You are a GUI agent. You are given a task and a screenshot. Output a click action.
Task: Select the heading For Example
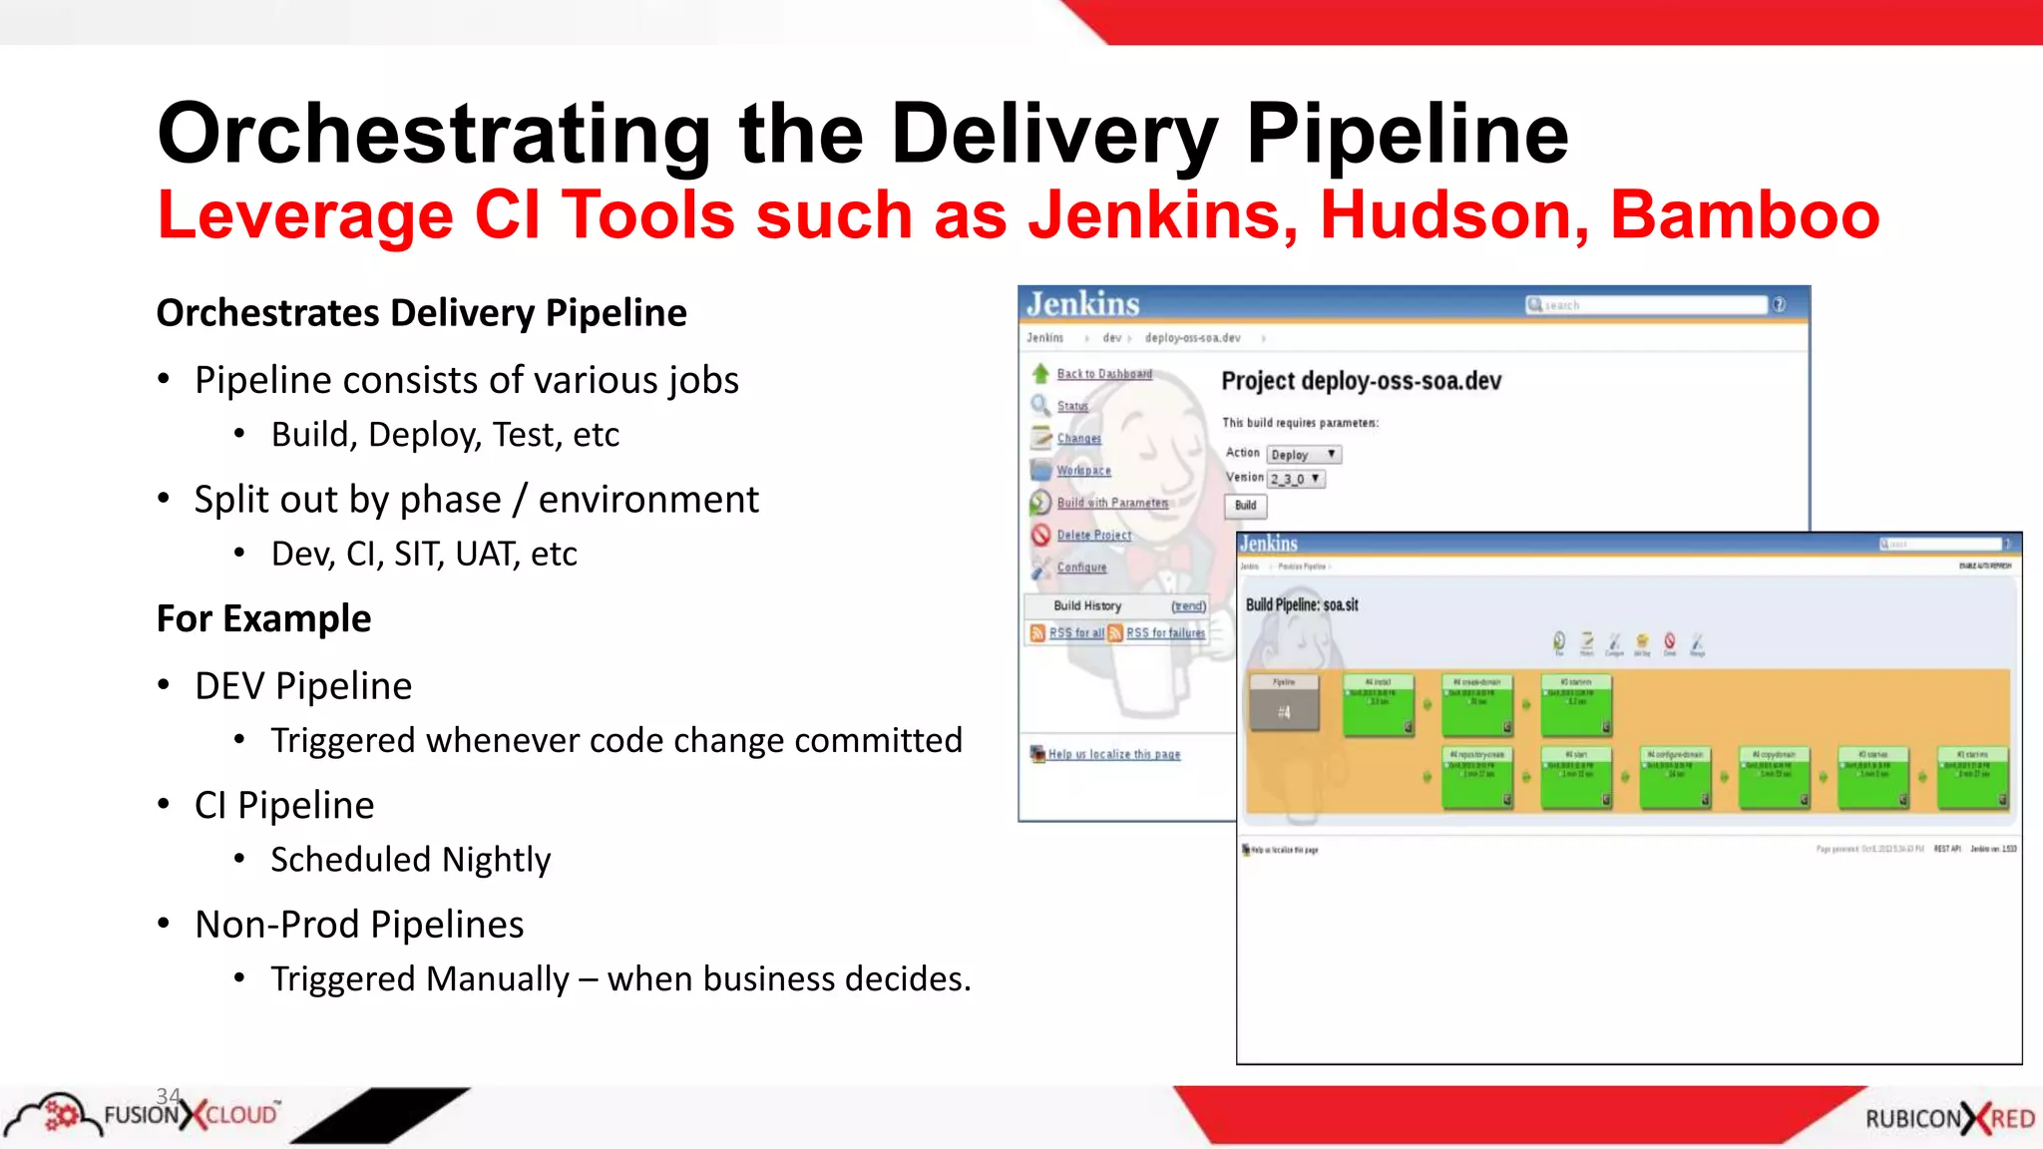coord(264,619)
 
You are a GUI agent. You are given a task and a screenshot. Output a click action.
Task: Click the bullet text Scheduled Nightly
coord(410,860)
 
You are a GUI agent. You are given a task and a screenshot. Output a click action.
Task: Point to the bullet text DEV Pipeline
coord(303,686)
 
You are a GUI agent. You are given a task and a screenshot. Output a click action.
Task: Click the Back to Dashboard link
coord(1103,374)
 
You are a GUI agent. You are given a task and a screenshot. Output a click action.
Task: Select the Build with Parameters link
coord(1111,503)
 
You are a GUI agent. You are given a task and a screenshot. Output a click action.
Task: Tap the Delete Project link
coord(1093,536)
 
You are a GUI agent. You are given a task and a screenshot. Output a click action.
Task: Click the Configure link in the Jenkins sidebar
coord(1081,568)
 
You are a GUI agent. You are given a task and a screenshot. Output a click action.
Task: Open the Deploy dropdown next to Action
coord(1303,455)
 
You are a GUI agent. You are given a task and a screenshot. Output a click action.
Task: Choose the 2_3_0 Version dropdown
coord(1296,480)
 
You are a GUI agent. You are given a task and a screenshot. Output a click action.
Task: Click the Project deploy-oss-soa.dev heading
coord(1361,382)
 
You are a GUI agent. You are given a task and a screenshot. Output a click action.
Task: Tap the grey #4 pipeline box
coord(1284,704)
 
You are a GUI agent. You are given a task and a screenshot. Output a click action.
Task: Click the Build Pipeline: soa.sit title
coord(1302,605)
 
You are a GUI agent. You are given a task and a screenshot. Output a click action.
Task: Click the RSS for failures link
coord(1164,633)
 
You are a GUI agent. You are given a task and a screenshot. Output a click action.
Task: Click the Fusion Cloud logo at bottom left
coord(145,1114)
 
